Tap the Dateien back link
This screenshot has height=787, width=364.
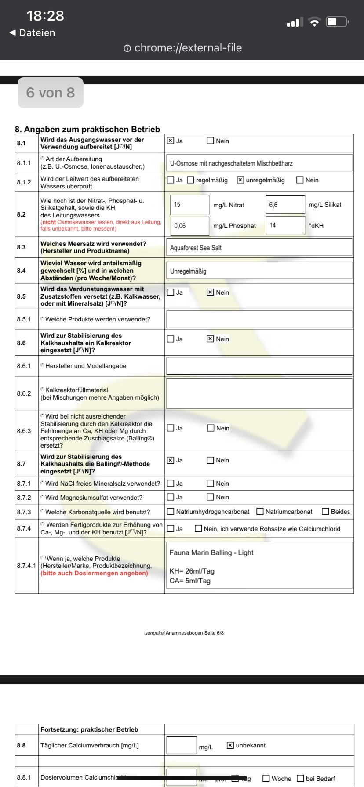(33, 33)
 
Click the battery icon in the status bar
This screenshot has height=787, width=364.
(337, 22)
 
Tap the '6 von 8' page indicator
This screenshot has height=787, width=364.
(51, 93)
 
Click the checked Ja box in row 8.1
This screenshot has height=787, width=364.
(171, 141)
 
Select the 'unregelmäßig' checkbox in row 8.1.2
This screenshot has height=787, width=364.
(240, 180)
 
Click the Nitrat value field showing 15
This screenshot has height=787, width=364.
(189, 205)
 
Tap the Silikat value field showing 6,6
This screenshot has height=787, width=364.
(285, 205)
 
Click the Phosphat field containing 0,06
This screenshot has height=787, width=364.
(189, 226)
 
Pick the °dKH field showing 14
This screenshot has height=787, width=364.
(285, 226)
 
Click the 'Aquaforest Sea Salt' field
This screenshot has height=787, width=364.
(259, 248)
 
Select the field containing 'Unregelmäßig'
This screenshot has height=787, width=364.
(259, 271)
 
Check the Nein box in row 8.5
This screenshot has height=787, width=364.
(211, 292)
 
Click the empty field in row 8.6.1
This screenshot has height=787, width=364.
(259, 366)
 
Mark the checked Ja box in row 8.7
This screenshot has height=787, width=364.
(171, 460)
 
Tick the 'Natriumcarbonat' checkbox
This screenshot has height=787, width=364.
(260, 512)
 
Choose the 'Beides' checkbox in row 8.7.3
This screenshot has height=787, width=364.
(326, 512)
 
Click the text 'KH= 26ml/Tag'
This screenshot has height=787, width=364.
(192, 571)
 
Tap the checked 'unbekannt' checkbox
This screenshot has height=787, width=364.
(230, 745)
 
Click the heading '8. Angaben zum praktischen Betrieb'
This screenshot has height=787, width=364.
(87, 129)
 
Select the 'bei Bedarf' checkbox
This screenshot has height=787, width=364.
(300, 778)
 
